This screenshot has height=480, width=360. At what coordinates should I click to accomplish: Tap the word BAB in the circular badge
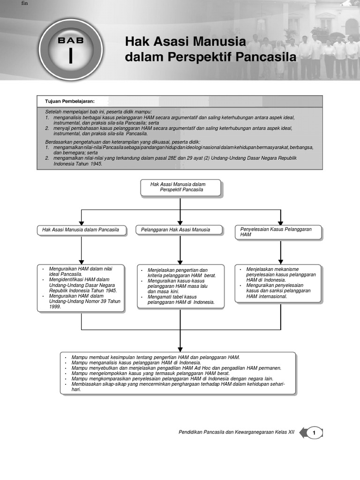tap(71, 40)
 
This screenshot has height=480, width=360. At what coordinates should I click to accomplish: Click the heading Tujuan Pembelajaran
tap(70, 101)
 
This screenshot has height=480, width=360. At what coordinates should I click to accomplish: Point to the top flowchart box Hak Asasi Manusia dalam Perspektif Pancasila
tap(180, 187)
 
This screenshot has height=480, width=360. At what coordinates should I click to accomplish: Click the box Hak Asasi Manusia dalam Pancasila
tap(81, 230)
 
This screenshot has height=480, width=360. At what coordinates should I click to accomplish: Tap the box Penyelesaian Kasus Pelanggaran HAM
tap(279, 232)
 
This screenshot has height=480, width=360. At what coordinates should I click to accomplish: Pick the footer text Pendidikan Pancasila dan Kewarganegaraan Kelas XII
tap(236, 433)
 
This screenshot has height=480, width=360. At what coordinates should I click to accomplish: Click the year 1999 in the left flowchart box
tap(55, 307)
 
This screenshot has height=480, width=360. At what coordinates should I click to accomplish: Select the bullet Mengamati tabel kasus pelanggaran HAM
tap(180, 299)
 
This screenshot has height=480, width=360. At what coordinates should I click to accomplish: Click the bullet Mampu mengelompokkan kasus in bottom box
tap(150, 374)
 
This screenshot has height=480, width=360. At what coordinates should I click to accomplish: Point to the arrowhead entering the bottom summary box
tap(180, 349)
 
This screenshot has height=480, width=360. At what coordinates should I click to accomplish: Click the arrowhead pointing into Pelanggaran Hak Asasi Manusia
tap(180, 222)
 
